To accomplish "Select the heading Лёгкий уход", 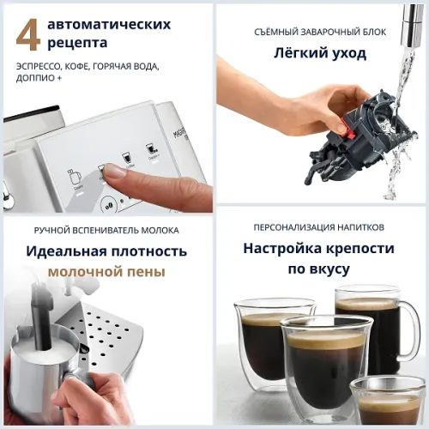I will click(320, 53).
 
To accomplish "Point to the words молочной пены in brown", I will click(106, 272).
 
